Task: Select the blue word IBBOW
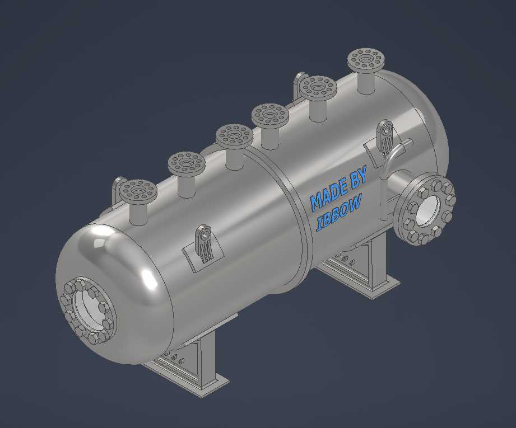[x=339, y=213]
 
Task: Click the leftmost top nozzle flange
[x=138, y=191]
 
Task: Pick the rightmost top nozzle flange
[x=366, y=60]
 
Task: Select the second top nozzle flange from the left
[x=187, y=163]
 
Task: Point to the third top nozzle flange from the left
[x=234, y=135]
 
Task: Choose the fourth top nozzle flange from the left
[x=270, y=114]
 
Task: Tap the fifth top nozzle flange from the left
[x=318, y=87]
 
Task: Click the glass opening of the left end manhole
[x=88, y=309]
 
